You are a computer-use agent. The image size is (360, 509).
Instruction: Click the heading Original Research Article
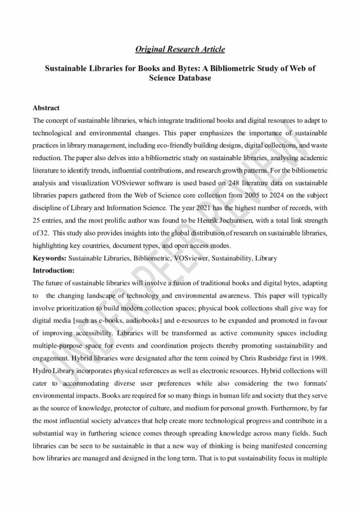coord(180,49)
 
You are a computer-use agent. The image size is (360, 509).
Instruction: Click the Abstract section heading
coord(46,108)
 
